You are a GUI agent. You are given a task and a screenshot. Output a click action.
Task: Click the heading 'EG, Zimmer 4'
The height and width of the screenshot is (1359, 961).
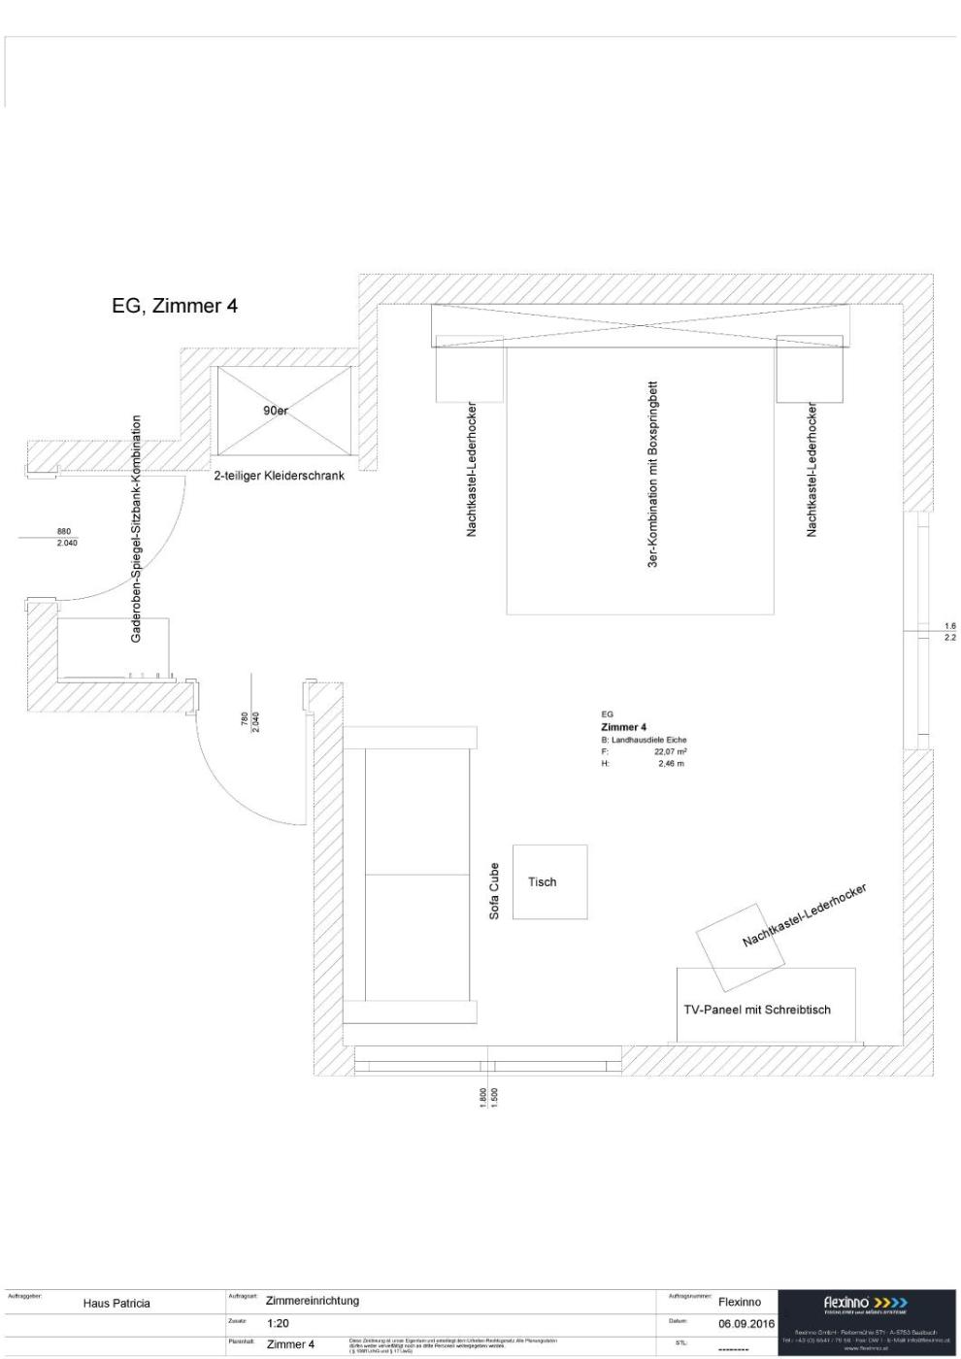point(175,306)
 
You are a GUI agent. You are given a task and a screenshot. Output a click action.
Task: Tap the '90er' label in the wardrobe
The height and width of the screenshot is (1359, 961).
point(276,411)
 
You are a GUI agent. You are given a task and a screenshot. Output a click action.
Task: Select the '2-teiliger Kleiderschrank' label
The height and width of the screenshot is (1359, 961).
point(279,476)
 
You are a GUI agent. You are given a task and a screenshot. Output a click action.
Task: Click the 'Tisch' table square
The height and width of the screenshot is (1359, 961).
point(549,881)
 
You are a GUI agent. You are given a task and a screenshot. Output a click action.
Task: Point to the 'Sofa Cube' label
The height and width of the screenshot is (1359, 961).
point(494,891)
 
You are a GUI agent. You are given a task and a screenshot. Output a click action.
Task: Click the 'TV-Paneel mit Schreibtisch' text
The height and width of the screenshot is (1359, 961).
point(757,1010)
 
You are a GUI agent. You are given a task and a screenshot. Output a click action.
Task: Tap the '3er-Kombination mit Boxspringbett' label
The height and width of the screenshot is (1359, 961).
point(653,474)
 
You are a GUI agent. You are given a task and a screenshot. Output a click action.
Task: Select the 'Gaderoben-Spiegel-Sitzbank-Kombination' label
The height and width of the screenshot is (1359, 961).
point(136,529)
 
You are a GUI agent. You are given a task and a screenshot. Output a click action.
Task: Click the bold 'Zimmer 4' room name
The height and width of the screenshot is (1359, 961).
point(623,727)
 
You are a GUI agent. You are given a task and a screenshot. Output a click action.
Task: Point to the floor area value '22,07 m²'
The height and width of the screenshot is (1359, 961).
point(670,751)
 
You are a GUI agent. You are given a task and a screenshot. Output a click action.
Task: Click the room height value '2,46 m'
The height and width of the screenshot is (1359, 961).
point(671,764)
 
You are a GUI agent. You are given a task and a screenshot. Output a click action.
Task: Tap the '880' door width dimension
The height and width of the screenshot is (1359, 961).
point(64,532)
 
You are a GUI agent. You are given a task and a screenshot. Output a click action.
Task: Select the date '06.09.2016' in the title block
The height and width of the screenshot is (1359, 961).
point(746,1323)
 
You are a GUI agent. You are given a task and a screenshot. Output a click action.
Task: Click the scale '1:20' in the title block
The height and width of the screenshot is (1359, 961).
point(278,1323)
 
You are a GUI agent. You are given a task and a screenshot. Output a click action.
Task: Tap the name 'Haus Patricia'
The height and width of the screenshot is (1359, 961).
point(116,1304)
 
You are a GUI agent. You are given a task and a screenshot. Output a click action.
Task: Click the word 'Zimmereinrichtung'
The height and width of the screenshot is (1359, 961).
point(313,1301)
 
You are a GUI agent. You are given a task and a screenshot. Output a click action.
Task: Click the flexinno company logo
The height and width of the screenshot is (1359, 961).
point(866,1303)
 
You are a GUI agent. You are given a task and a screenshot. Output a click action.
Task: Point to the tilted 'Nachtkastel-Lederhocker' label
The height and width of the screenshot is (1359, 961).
point(804,915)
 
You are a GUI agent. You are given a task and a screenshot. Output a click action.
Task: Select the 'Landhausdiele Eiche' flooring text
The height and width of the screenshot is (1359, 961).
point(648,740)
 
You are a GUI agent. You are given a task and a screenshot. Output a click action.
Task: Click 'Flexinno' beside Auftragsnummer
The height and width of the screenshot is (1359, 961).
point(740,1303)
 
